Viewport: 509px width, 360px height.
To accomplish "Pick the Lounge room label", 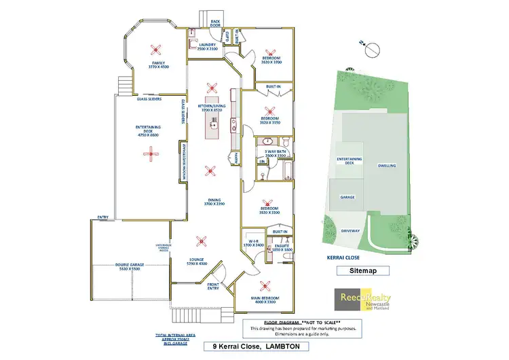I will pos(197,261).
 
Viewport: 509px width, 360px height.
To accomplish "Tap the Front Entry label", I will pos(214,285).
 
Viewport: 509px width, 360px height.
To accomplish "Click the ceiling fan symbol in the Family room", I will pos(157,48).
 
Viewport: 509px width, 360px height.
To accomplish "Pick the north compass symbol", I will pos(371,50).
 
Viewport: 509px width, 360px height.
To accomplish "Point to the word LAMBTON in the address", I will pos(288,347).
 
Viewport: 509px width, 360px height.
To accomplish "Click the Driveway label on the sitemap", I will pos(351,230).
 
